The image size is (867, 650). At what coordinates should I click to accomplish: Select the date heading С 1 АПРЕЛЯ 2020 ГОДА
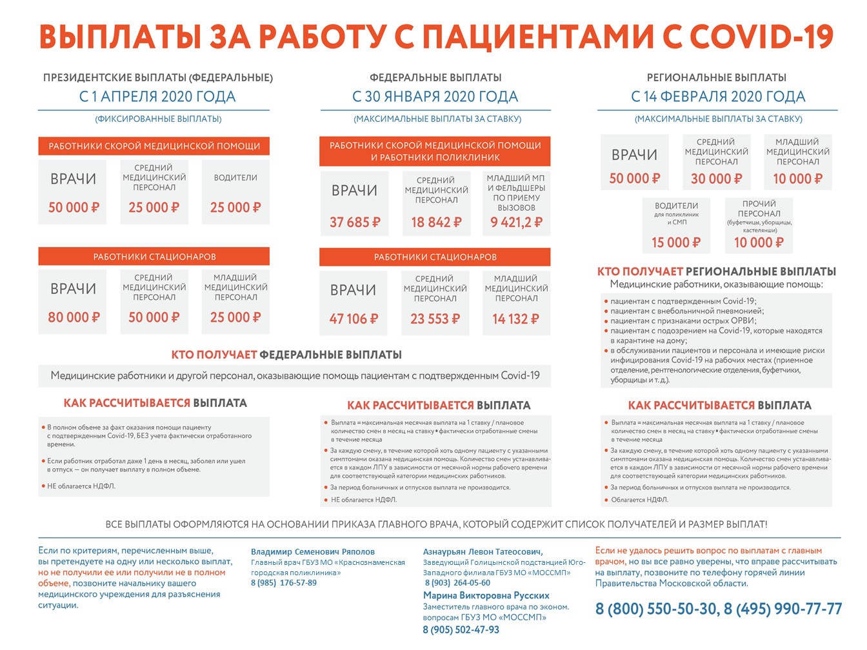157,97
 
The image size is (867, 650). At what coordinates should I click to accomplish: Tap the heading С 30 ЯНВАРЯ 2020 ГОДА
435,97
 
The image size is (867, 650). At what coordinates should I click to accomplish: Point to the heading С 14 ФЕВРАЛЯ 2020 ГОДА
718,97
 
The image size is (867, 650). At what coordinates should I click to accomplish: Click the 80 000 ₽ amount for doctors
74,317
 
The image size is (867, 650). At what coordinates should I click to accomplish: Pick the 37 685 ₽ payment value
355,222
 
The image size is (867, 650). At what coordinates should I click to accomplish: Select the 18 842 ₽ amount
436,222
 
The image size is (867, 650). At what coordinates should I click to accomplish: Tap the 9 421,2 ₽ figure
516,222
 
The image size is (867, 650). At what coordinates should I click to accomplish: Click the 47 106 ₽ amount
354,319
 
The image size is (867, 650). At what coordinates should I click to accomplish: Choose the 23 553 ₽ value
435,319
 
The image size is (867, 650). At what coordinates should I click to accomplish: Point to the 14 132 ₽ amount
516,319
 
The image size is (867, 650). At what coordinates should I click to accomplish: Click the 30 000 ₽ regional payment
716,179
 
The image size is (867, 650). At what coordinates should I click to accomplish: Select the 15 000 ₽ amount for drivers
676,242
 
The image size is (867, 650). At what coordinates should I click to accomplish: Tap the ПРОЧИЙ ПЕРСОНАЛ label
759,208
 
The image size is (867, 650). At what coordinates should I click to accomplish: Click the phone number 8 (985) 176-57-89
284,583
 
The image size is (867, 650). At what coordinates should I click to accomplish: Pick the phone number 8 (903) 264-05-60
457,583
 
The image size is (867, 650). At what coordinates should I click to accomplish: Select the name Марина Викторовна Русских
486,596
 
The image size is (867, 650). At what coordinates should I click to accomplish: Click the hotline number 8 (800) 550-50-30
655,609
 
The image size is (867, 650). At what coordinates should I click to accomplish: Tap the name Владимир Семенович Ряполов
312,552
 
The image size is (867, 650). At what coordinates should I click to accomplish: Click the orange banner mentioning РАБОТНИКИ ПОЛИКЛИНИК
435,152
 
